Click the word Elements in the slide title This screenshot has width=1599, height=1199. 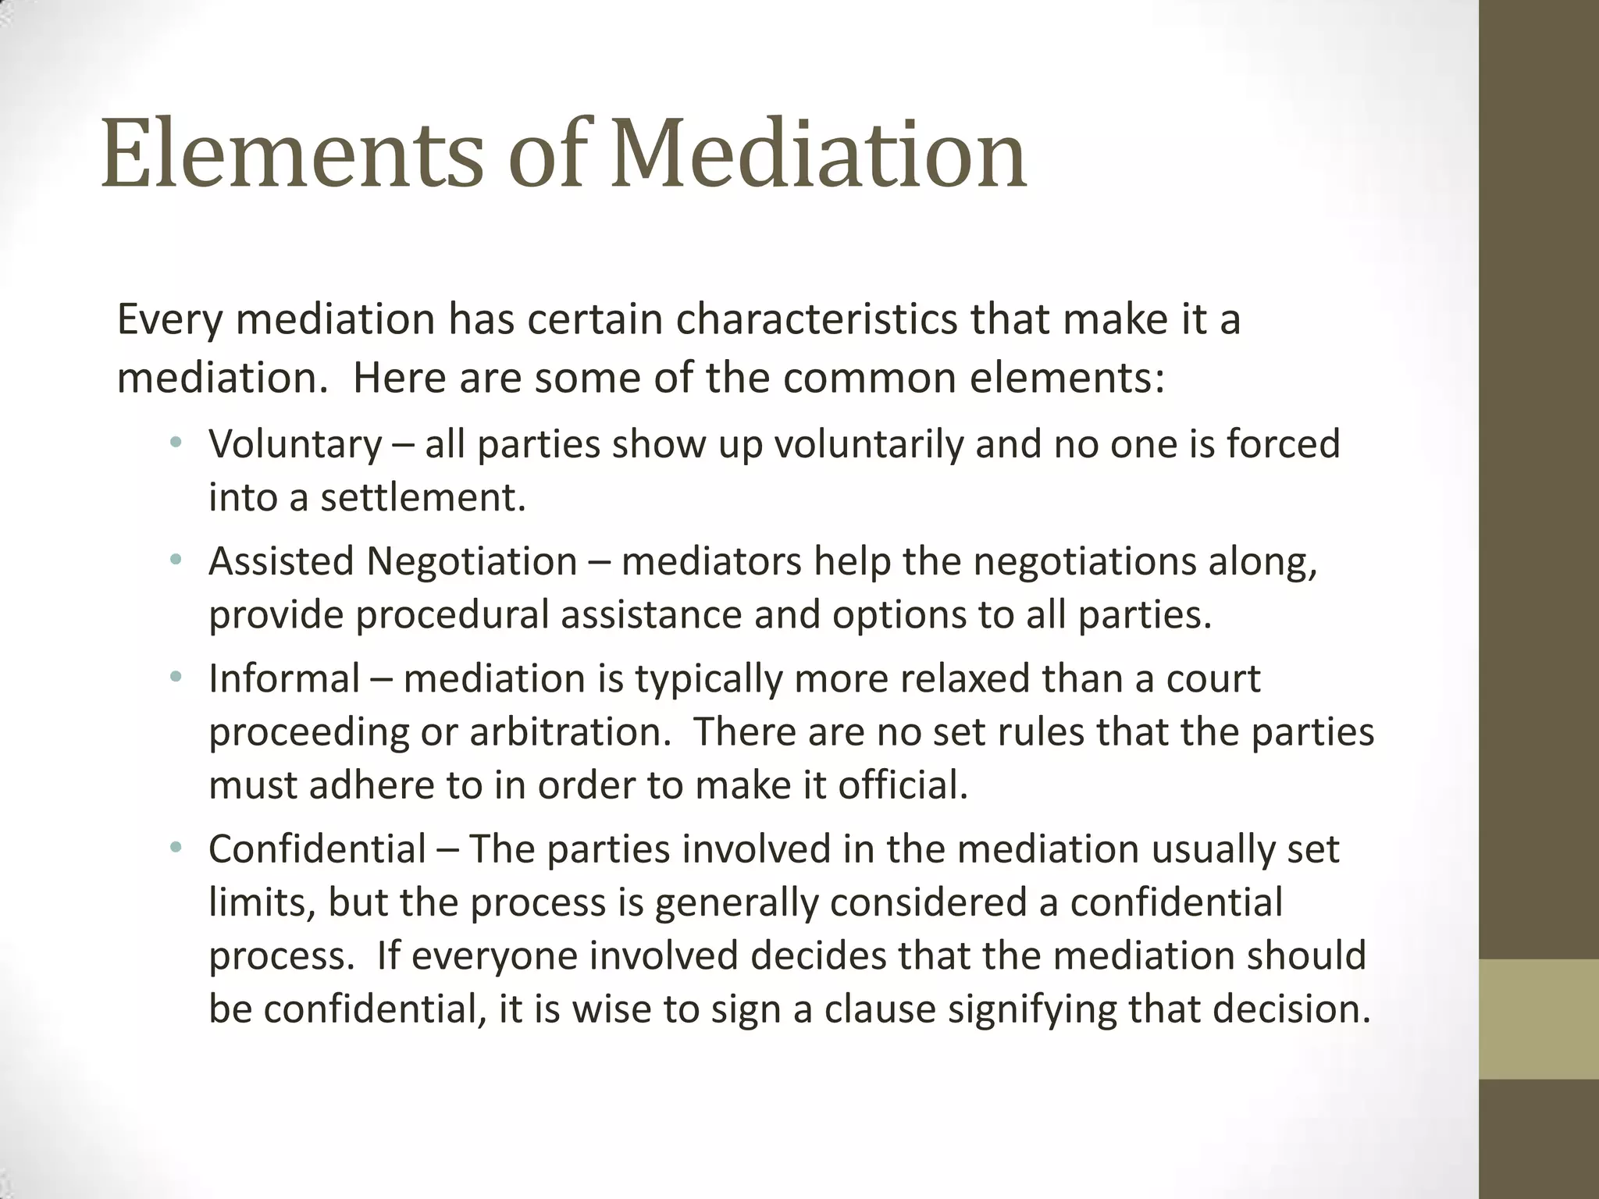(292, 155)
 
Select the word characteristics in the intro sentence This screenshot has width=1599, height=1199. (816, 320)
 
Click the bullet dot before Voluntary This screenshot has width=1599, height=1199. (176, 443)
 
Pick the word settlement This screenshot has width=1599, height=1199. (422, 498)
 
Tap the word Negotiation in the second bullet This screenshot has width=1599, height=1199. (472, 562)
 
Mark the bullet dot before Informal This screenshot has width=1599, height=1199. (176, 678)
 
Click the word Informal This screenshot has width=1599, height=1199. (284, 679)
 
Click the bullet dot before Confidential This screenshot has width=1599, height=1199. (176, 848)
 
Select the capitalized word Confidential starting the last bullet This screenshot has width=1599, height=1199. (318, 849)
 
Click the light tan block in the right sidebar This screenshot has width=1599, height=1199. (1539, 1019)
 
